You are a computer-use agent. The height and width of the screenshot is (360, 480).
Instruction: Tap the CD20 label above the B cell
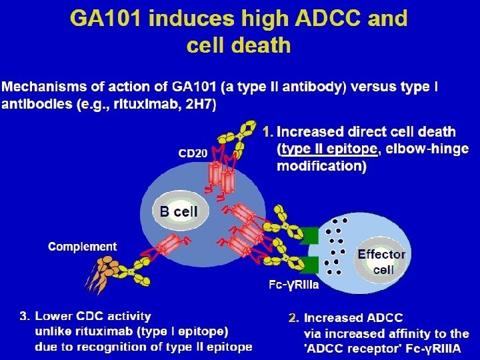click(x=192, y=154)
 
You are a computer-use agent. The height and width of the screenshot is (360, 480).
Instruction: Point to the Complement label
click(x=83, y=247)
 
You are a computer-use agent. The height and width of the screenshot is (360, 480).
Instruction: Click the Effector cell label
click(x=381, y=261)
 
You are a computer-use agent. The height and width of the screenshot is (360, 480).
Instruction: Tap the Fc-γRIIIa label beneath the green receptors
click(x=293, y=285)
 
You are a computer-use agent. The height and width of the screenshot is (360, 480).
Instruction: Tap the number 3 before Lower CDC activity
click(x=24, y=316)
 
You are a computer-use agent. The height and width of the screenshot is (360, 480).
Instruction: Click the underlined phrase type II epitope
click(x=329, y=149)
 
